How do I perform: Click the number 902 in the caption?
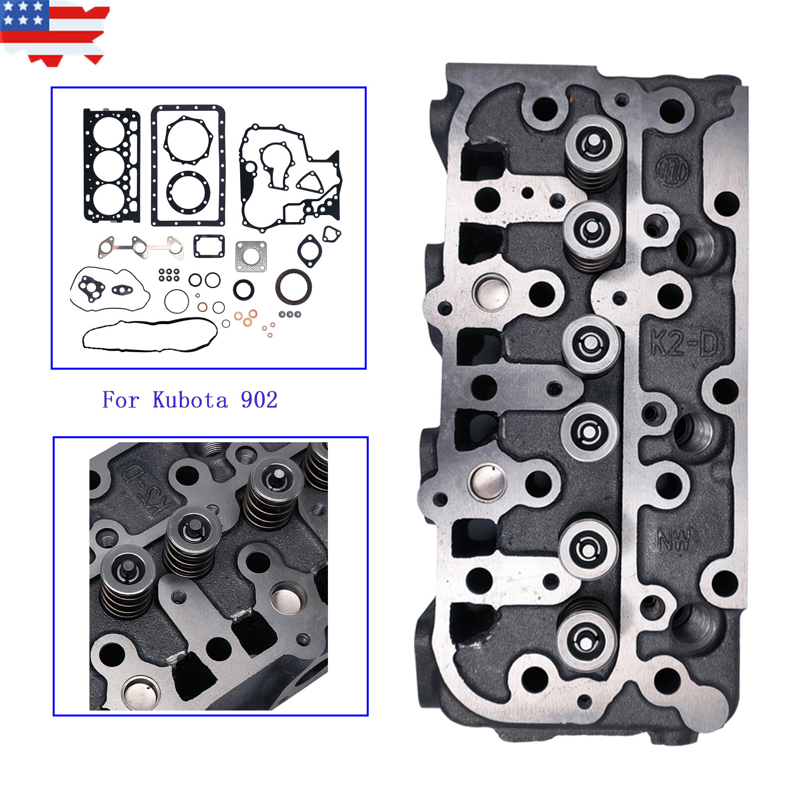coord(259,400)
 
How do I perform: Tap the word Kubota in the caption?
coord(190,400)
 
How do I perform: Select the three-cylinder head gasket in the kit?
coord(111,165)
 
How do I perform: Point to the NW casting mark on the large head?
coord(674,539)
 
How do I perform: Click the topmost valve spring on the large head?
coord(594,152)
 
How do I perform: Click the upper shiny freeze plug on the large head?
coord(491,292)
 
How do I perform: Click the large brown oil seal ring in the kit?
coord(293,286)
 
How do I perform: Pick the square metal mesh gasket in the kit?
coord(251,256)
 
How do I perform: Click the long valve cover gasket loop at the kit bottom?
coord(149,335)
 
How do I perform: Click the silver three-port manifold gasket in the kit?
coord(141,247)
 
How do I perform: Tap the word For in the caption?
coord(121,400)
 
